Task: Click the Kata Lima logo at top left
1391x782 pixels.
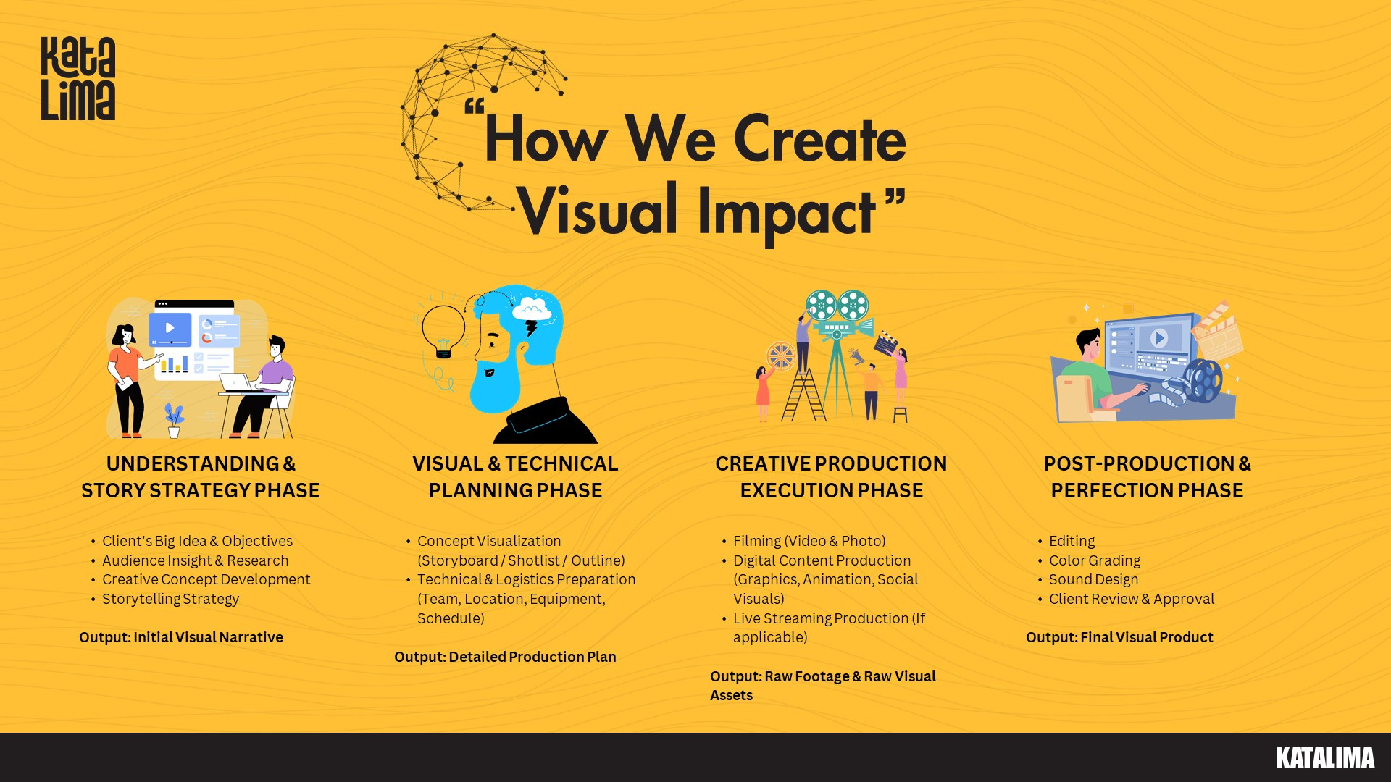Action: pyautogui.click(x=78, y=78)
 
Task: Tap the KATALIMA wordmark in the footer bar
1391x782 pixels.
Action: pyautogui.click(x=1325, y=757)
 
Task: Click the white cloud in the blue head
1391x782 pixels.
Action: pyautogui.click(x=532, y=308)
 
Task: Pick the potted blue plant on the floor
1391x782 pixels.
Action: pyautogui.click(x=174, y=421)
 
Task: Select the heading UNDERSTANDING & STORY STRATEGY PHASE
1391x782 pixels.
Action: pyautogui.click(x=201, y=477)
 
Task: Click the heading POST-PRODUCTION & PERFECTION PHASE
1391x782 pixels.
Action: pyautogui.click(x=1147, y=477)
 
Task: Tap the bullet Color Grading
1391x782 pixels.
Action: pyautogui.click(x=1094, y=560)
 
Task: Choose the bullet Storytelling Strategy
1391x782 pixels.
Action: pyautogui.click(x=170, y=599)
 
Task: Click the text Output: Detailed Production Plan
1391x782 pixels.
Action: pyautogui.click(x=505, y=657)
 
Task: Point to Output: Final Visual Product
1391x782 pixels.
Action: pyautogui.click(x=1119, y=637)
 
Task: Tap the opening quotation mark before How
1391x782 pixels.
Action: pyautogui.click(x=475, y=107)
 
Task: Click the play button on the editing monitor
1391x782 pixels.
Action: pyautogui.click(x=1158, y=337)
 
